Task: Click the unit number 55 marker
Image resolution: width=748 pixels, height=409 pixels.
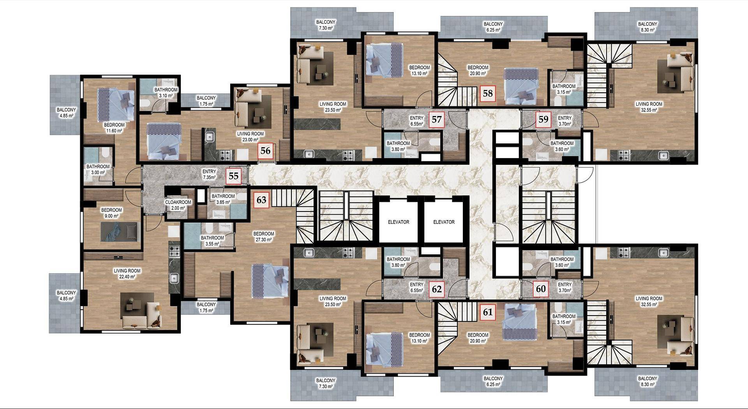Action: click(233, 176)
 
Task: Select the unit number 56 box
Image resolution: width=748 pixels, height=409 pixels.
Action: click(265, 150)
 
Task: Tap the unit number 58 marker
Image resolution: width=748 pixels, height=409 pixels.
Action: click(488, 93)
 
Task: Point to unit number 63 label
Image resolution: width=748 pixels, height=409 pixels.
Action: click(261, 200)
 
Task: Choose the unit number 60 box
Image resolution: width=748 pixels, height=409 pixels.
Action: click(541, 289)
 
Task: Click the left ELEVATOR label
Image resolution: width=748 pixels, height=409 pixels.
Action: click(399, 222)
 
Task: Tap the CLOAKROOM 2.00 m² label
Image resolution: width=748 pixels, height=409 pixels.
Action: click(178, 205)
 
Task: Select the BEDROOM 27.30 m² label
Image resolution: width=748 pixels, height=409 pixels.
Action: click(264, 237)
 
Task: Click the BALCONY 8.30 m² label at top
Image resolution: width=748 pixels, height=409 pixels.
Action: click(647, 27)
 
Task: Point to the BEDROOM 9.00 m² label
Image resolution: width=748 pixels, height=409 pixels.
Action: click(111, 213)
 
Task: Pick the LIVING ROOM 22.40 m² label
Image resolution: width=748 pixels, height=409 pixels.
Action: click(127, 274)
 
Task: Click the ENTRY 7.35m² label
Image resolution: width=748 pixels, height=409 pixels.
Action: click(209, 175)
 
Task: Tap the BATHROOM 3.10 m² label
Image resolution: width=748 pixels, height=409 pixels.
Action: click(166, 93)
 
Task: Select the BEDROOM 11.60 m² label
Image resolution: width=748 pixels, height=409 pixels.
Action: click(114, 128)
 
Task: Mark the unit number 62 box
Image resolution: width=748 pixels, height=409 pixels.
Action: click(437, 289)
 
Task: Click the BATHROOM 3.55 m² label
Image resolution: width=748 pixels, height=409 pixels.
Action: click(212, 241)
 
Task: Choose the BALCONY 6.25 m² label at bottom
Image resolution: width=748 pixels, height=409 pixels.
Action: click(493, 381)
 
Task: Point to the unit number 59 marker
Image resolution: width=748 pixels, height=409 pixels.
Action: click(543, 120)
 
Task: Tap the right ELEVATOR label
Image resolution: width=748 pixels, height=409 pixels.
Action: click(444, 222)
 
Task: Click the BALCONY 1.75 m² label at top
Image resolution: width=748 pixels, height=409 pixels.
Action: click(206, 101)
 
